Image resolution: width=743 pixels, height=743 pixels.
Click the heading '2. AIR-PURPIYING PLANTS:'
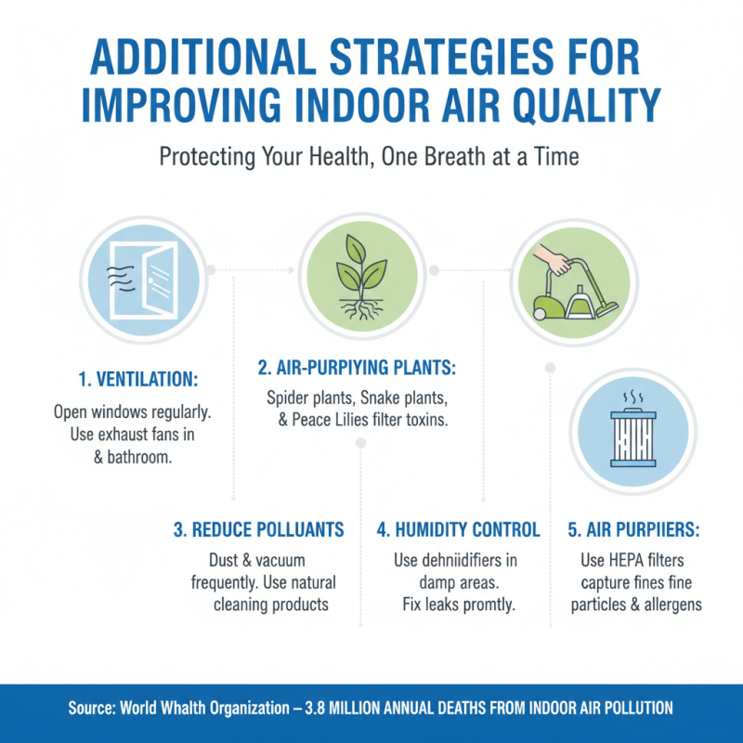pyautogui.click(x=358, y=369)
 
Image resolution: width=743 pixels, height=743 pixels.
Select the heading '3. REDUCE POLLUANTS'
pyautogui.click(x=258, y=530)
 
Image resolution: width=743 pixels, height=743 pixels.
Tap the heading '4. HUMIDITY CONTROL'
pyautogui.click(x=458, y=530)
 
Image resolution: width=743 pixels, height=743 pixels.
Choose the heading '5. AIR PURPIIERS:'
pyautogui.click(x=633, y=530)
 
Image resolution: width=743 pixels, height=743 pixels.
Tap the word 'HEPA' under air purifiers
pyautogui.click(x=628, y=561)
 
